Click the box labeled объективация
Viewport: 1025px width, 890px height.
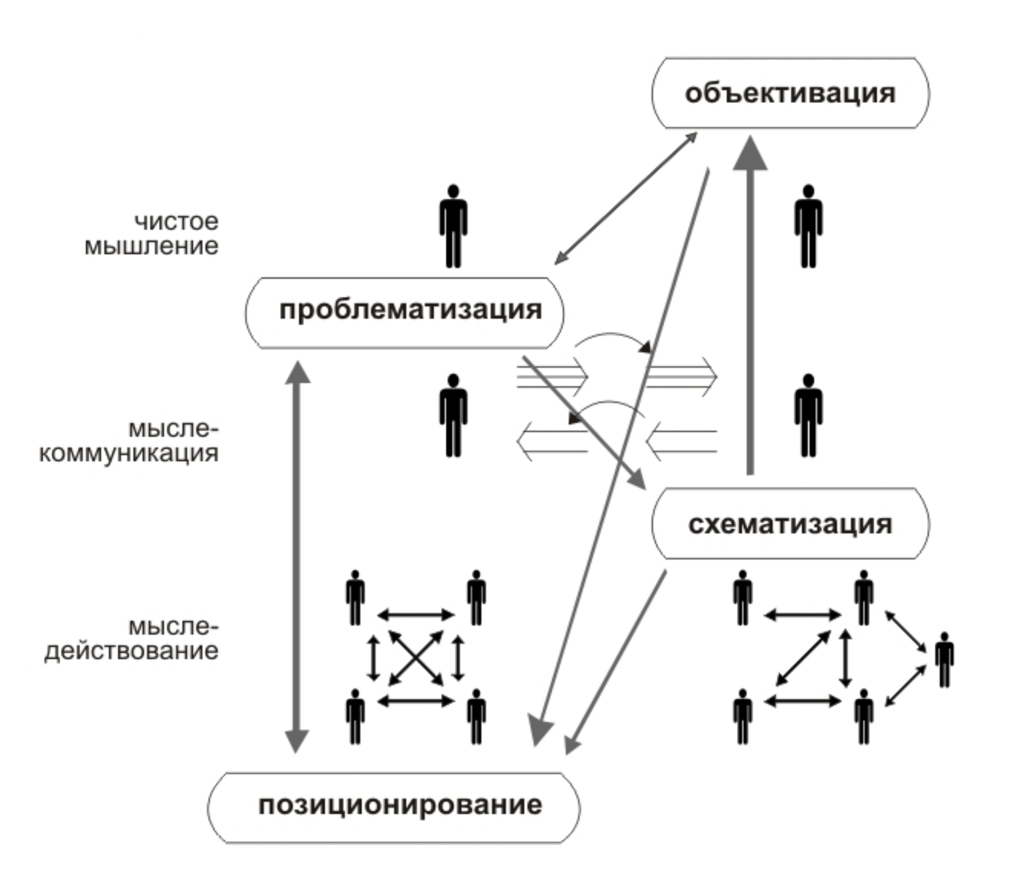tap(790, 93)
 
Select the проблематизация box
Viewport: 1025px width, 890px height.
tap(405, 312)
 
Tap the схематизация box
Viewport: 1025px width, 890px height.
tap(790, 524)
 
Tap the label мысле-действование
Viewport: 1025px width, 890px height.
tap(132, 639)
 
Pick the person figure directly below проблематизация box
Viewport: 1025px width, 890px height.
tap(453, 415)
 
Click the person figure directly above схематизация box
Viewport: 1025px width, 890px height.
tap(809, 415)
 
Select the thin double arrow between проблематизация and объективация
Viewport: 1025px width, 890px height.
tap(625, 199)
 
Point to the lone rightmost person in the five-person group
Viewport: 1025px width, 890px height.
tap(944, 659)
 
